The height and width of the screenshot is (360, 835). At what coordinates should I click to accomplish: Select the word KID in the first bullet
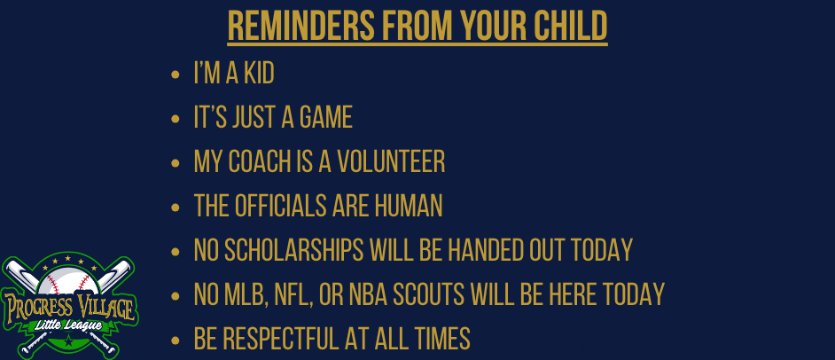coord(259,74)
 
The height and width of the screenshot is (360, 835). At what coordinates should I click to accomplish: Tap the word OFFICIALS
coord(281,206)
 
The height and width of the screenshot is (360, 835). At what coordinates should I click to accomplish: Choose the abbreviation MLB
coord(247,294)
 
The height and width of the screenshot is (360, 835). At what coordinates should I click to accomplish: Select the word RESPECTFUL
coord(279,339)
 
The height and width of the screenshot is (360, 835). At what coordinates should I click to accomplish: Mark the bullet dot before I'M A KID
coord(176,75)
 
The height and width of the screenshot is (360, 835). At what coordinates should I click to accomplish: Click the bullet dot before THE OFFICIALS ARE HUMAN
coord(176,207)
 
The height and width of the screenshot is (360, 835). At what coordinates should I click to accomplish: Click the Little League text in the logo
coord(67,325)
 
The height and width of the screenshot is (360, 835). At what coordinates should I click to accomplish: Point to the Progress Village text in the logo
coord(68,308)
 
